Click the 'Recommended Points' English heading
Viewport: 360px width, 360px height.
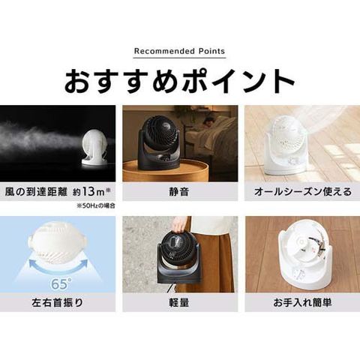point(180,51)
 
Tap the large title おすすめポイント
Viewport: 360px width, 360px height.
point(180,80)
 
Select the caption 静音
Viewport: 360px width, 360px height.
point(179,192)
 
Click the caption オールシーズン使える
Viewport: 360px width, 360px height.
point(303,192)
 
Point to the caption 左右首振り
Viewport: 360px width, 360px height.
point(58,303)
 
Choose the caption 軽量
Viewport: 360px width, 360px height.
point(179,303)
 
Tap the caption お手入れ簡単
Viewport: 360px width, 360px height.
point(302,303)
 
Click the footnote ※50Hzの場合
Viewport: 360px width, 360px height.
point(96,206)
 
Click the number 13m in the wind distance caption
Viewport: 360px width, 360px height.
point(92,192)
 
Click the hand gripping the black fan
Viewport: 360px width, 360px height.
point(181,224)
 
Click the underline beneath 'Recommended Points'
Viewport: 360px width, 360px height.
point(180,58)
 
